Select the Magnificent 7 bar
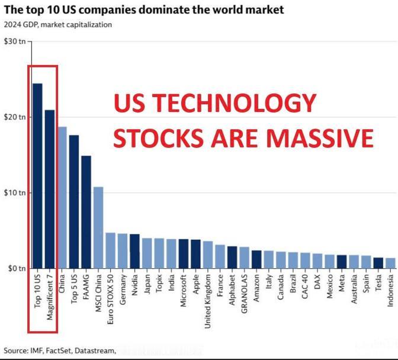(x=50, y=189)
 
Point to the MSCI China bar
(x=98, y=227)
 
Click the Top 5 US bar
(x=74, y=201)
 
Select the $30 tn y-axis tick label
(x=14, y=41)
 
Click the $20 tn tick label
(x=14, y=117)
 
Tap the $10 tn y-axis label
(x=14, y=193)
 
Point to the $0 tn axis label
(x=16, y=269)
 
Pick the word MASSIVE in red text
(x=319, y=138)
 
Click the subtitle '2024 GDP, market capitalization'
(x=58, y=25)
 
